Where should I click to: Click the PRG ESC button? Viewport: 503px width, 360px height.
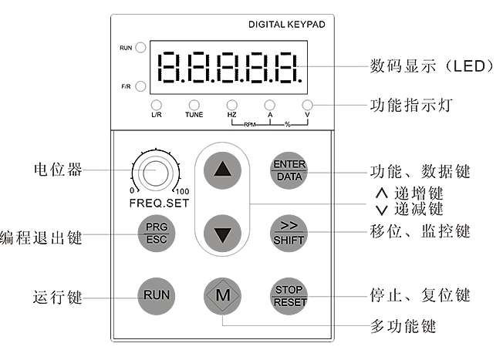[155, 234]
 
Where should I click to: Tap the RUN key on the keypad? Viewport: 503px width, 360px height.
[155, 295]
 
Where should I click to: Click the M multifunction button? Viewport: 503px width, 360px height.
[222, 295]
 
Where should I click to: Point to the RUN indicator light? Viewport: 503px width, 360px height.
[141, 48]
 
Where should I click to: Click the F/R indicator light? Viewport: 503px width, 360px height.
[141, 85]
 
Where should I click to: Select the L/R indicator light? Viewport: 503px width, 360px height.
[157, 104]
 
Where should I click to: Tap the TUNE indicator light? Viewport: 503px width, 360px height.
[194, 104]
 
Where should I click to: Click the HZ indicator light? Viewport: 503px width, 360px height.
[231, 104]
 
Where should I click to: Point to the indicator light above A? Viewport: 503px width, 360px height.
[269, 104]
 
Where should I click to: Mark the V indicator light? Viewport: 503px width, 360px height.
[307, 104]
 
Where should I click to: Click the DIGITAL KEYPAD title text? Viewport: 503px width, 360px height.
[286, 25]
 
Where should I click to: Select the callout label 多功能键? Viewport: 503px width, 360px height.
[403, 326]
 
